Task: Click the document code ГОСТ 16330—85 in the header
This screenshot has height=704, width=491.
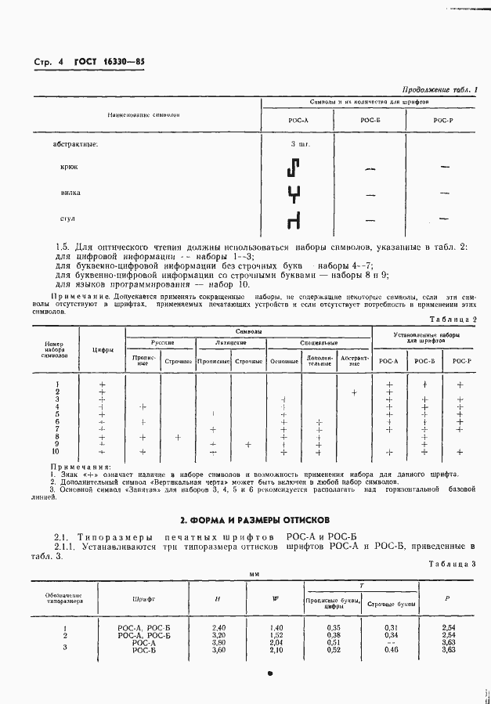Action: (x=110, y=61)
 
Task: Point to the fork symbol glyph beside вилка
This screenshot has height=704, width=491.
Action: (x=294, y=193)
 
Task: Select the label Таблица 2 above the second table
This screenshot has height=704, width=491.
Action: (x=453, y=320)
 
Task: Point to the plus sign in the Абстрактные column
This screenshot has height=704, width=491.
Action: (x=354, y=392)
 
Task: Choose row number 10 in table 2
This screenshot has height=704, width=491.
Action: (x=56, y=452)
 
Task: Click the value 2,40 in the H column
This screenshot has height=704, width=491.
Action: (x=219, y=628)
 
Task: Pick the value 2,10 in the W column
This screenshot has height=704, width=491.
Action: (x=276, y=650)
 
